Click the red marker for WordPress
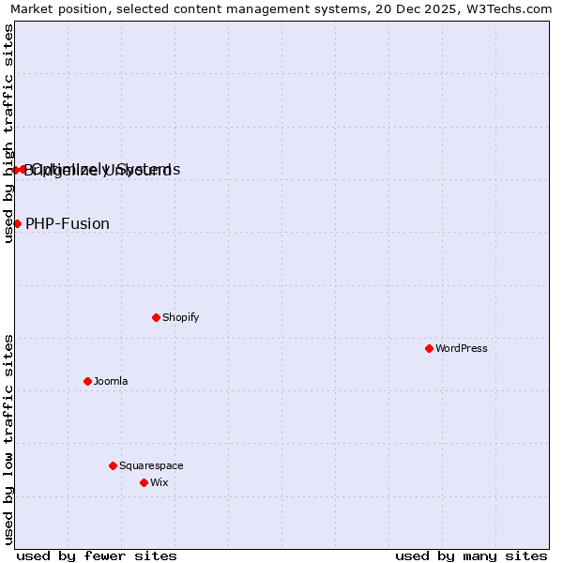point(429,348)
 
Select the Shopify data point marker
point(156,317)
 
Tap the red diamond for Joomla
point(87,381)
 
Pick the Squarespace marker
point(113,465)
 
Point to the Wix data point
point(144,482)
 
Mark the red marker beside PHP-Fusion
point(17,223)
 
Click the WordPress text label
point(461,348)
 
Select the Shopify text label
point(180,317)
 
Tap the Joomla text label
point(111,381)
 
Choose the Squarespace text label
point(151,465)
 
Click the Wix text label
point(159,482)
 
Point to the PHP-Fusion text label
point(68,223)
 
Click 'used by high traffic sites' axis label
point(8,133)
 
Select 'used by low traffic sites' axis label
point(8,439)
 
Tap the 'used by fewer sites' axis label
point(97,555)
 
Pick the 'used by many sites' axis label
point(471,555)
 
